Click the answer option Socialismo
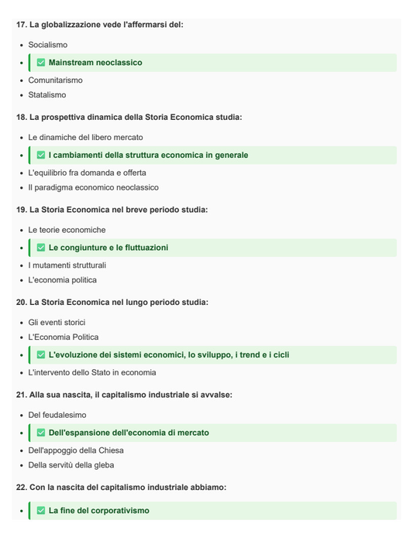48,45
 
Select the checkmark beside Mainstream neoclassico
41,63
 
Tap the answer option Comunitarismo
55,80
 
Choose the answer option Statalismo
47,95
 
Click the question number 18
21,118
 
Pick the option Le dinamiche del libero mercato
85,138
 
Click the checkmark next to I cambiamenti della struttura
41,156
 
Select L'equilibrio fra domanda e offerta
87,173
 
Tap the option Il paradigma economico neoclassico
93,187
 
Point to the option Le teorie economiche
67,230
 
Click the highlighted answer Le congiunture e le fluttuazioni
108,248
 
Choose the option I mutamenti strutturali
67,265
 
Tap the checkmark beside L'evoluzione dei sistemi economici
41,355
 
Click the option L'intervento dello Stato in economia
92,372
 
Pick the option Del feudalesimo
57,415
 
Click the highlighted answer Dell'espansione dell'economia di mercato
129,433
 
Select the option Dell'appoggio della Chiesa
76,450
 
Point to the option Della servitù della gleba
71,465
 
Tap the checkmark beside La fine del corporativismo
41,511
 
